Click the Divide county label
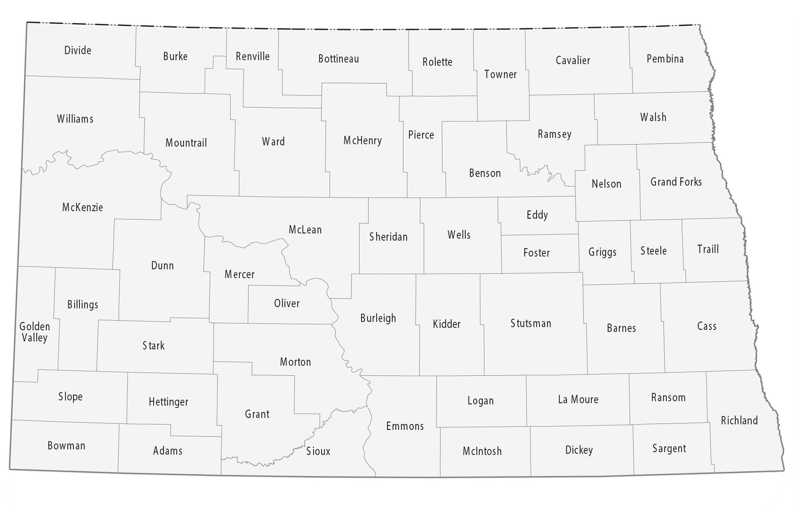(x=78, y=50)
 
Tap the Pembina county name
(x=665, y=59)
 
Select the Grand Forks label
(x=676, y=182)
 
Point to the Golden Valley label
(x=35, y=332)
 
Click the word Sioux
(x=318, y=451)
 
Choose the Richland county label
(x=739, y=420)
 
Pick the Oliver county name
(x=286, y=303)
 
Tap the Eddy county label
(x=537, y=215)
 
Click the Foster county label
(x=536, y=253)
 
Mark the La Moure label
(x=578, y=400)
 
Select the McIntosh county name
(x=482, y=451)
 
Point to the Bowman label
(x=66, y=445)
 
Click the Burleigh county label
(x=378, y=318)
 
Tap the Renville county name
(x=253, y=56)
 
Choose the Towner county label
(x=500, y=75)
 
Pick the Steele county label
(x=654, y=251)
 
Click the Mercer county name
(x=239, y=274)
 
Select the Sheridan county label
(x=388, y=237)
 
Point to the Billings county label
(x=83, y=305)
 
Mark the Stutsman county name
(x=531, y=323)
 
